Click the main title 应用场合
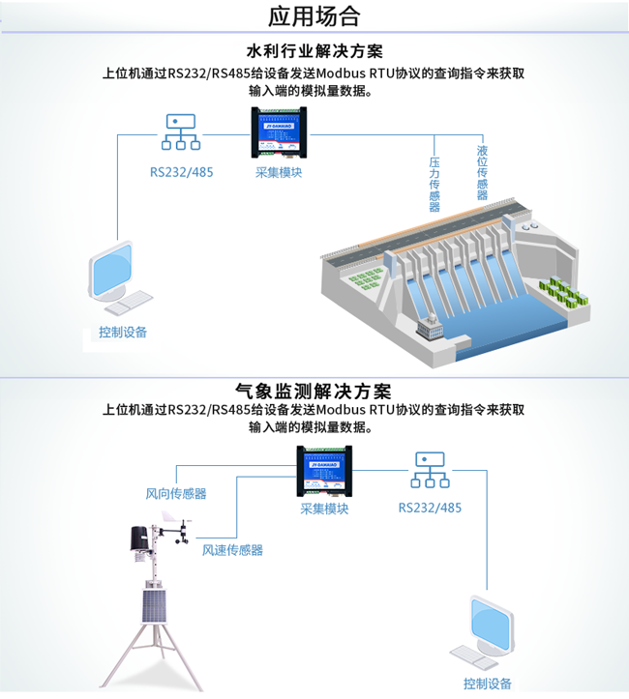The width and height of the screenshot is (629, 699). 314,16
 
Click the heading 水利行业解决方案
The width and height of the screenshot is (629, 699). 314,51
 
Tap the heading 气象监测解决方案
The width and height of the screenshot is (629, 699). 314,392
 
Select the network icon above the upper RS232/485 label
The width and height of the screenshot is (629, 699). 181,133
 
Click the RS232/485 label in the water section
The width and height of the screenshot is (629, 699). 181,172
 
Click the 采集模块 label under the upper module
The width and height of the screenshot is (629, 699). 279,172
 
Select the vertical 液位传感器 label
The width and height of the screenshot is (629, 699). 482,173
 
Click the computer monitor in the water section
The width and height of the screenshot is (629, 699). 113,273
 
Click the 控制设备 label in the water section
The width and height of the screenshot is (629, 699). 123,333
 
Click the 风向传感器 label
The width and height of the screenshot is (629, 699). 176,494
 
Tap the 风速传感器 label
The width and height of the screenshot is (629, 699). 232,550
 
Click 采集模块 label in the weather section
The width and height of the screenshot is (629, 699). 324,510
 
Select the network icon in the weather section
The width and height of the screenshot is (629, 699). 430,471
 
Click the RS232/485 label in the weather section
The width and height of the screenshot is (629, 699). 430,509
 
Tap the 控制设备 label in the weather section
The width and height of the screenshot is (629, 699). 487,684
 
